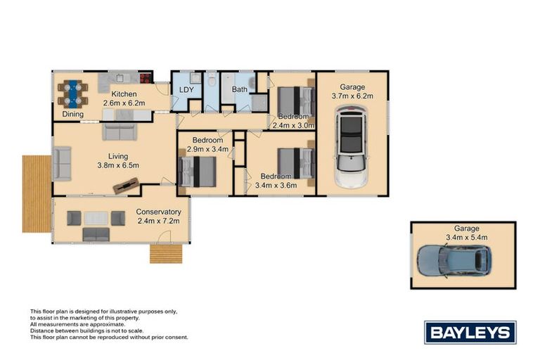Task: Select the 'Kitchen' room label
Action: tap(124, 94)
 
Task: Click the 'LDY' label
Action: tap(186, 90)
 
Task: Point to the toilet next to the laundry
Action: tap(212, 82)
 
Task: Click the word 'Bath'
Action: tap(240, 90)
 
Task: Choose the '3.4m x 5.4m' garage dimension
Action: tap(466, 238)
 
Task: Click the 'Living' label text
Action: tap(117, 156)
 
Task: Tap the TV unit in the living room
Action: tap(127, 186)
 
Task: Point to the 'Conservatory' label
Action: tap(158, 212)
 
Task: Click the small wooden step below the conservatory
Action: tap(166, 253)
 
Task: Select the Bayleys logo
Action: tap(470, 332)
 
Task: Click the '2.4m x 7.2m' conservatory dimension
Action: tap(159, 221)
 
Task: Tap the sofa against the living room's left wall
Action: tap(62, 163)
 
